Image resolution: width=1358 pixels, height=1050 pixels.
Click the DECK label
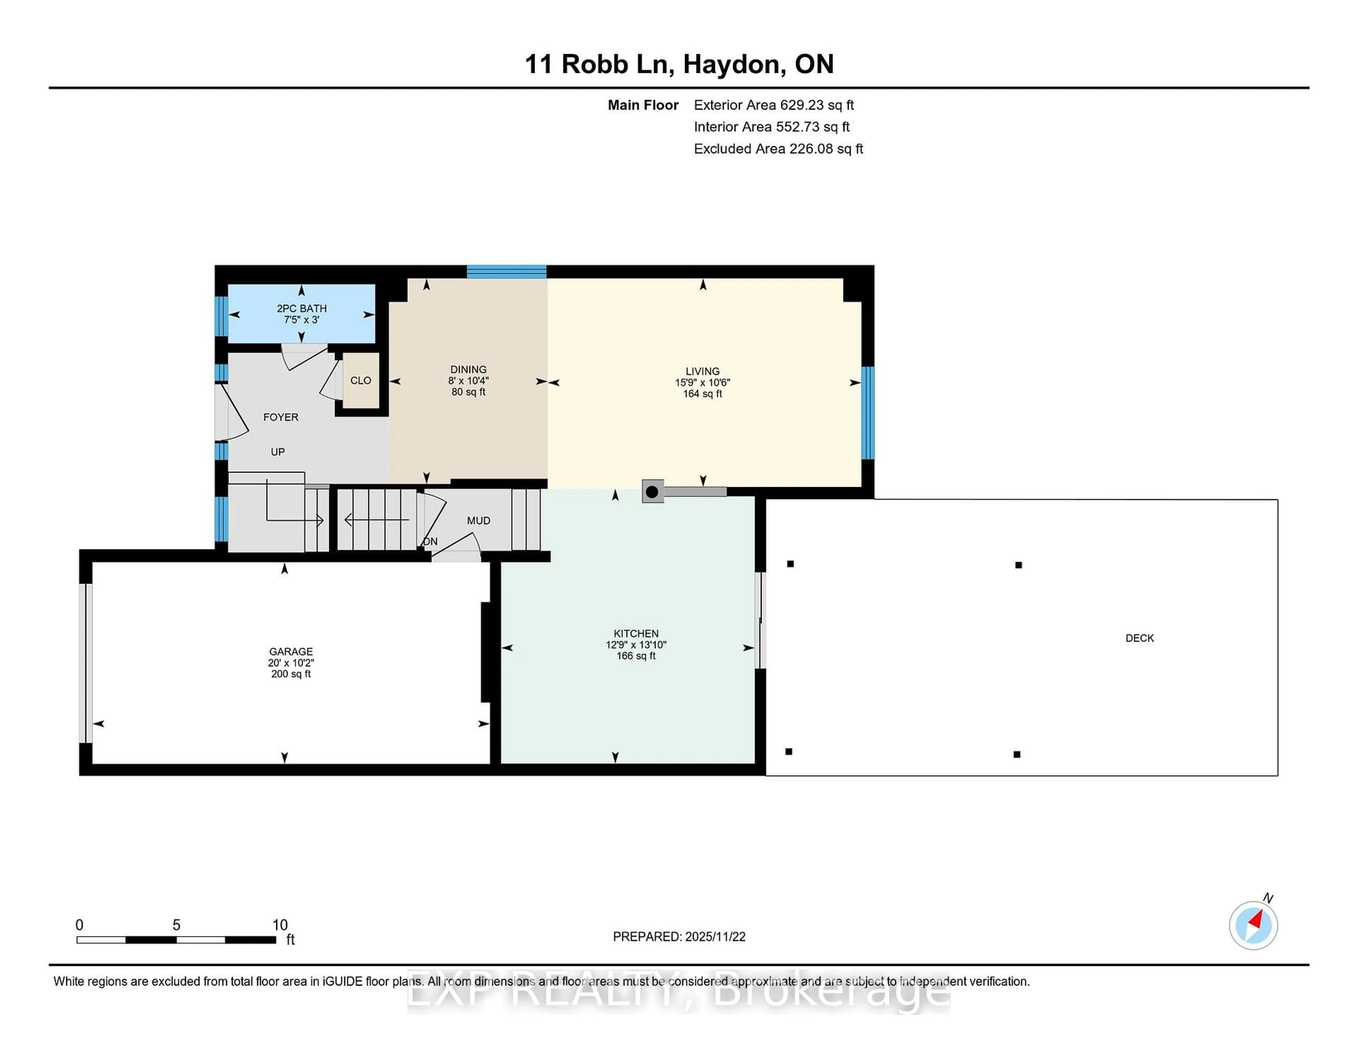(x=1139, y=638)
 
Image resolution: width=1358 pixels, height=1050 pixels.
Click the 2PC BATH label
(x=302, y=308)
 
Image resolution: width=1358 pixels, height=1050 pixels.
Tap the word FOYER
(x=280, y=417)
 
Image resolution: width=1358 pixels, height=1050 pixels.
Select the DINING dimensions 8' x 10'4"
(x=468, y=381)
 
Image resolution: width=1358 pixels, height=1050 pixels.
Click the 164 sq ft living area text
(x=702, y=394)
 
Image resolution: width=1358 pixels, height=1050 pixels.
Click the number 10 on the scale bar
(x=280, y=925)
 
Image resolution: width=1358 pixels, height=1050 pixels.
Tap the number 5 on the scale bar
(x=176, y=925)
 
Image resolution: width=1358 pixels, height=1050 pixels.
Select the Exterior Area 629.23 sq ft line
(x=773, y=105)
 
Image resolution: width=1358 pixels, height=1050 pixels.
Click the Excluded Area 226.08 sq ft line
(x=778, y=149)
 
